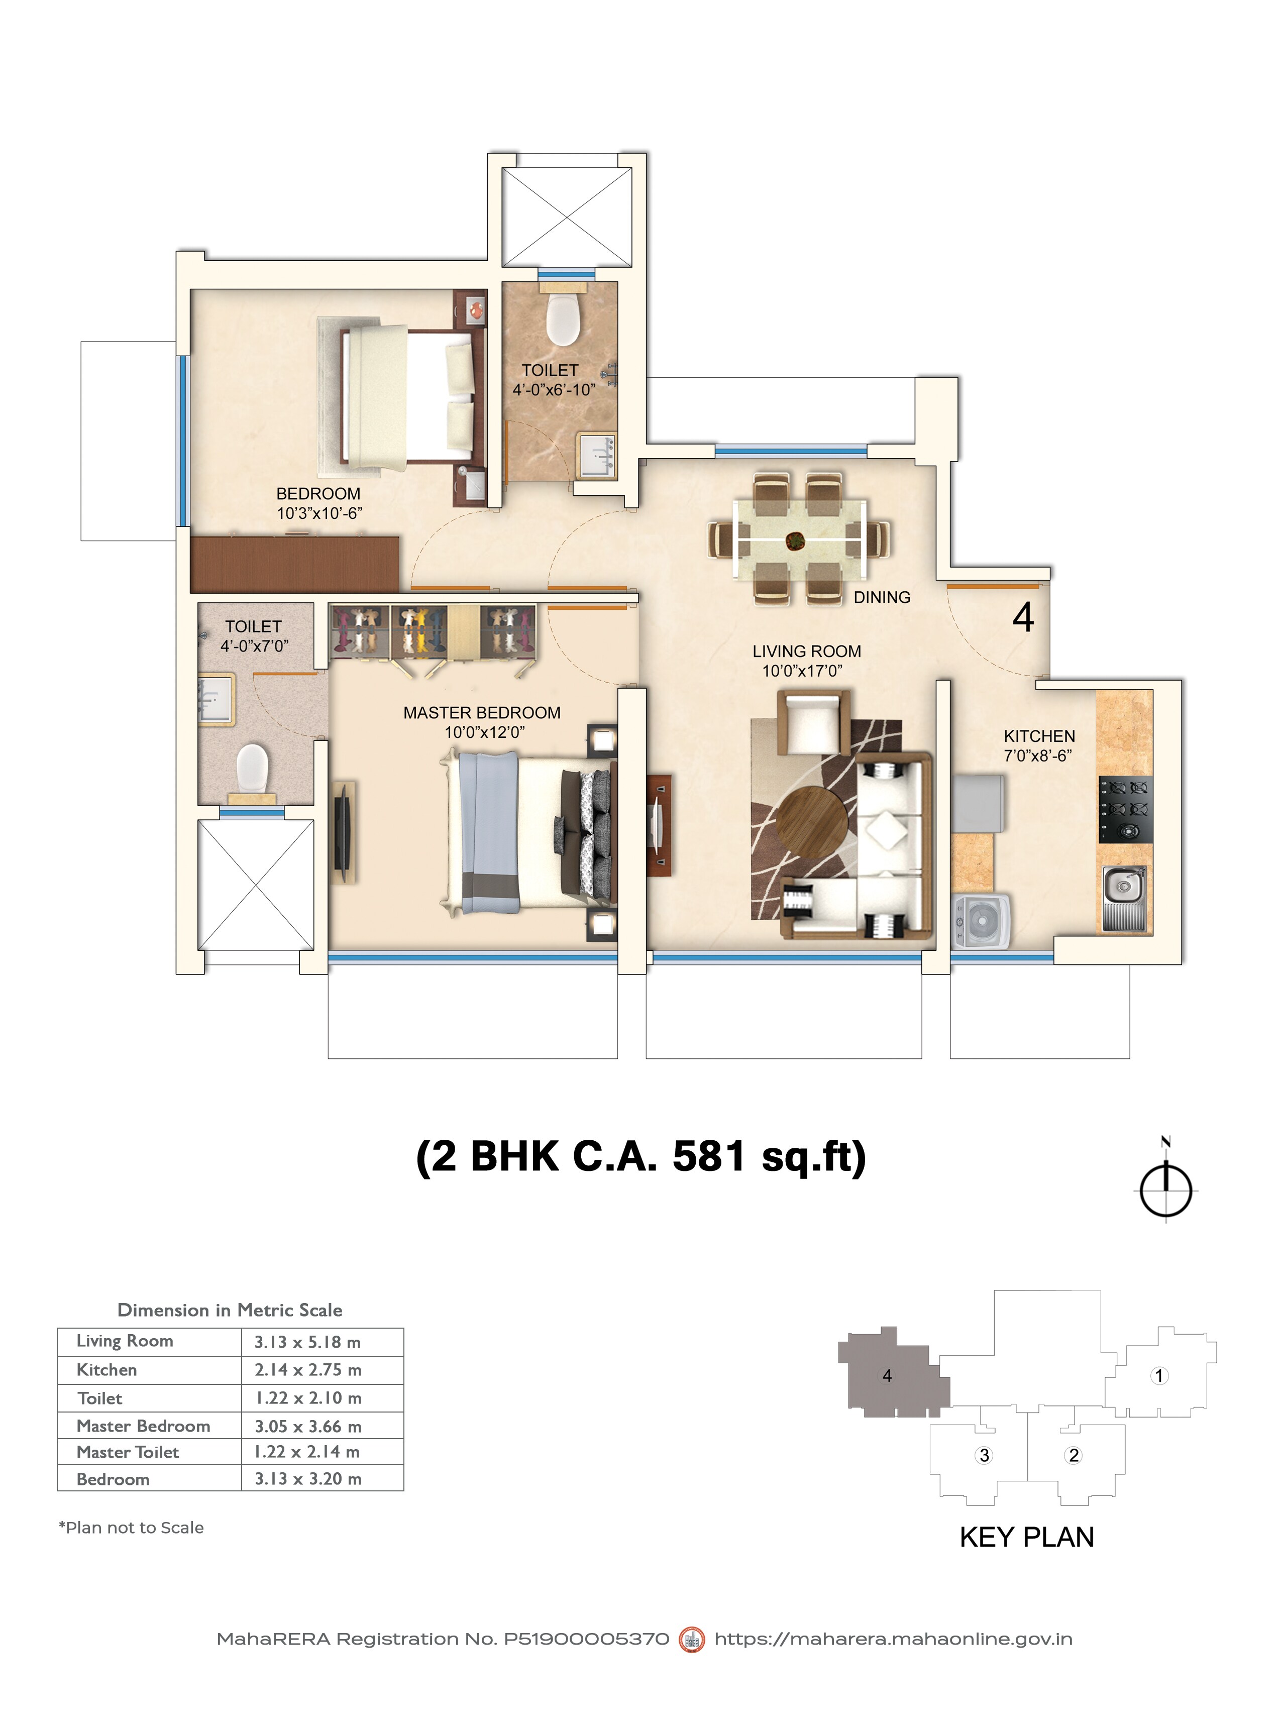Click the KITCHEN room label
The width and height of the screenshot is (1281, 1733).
tap(1039, 736)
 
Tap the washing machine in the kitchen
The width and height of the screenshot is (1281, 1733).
tap(982, 921)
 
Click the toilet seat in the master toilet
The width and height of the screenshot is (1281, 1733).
tap(252, 766)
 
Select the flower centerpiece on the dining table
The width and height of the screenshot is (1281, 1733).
tap(796, 540)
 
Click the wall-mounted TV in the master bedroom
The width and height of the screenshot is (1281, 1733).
tap(343, 832)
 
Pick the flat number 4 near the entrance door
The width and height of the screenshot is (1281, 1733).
tap(1023, 617)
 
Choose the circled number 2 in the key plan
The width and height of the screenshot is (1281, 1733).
tap(1073, 1455)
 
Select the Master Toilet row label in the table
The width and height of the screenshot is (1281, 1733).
tap(128, 1452)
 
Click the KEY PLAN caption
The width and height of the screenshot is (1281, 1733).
tap(1026, 1537)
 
